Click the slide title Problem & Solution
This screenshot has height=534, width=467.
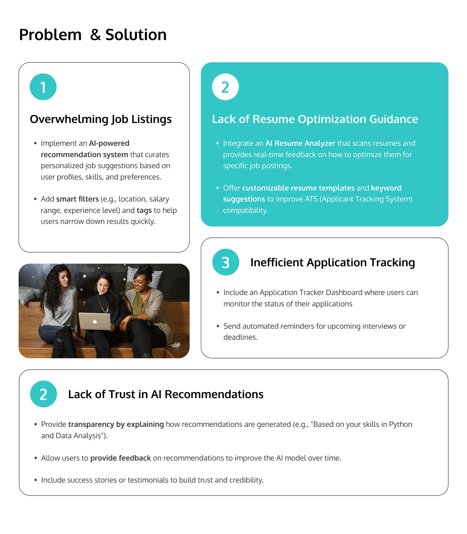[93, 35]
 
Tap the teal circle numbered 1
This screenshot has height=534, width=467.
[43, 87]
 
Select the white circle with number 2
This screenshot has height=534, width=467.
[225, 87]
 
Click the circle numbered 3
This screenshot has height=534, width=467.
[226, 262]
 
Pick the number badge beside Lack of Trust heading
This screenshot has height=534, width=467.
[43, 394]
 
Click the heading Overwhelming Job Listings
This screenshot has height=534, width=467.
[101, 119]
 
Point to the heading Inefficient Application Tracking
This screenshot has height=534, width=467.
[333, 263]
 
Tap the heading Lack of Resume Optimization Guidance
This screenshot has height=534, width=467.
[315, 119]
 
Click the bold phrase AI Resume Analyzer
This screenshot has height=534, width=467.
[300, 144]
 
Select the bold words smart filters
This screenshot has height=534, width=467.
[77, 199]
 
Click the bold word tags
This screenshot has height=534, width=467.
[144, 211]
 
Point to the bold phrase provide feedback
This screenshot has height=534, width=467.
[121, 458]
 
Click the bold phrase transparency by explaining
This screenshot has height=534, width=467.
[116, 425]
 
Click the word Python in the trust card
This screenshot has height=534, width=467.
[401, 425]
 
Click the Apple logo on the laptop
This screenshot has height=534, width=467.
[95, 322]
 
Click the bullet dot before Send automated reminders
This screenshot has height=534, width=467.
[218, 326]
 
